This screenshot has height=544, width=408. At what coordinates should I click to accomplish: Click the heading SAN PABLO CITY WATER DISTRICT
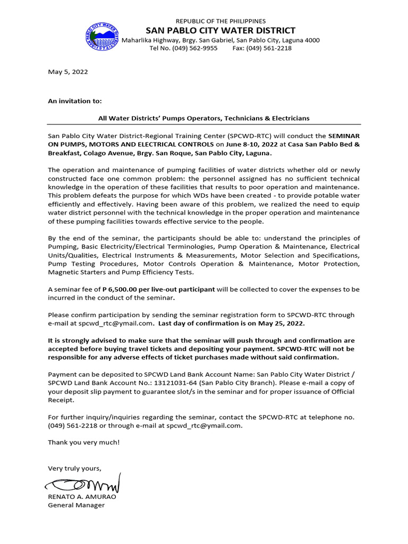click(x=220, y=30)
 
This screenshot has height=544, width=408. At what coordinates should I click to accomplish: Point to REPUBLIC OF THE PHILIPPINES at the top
click(x=220, y=21)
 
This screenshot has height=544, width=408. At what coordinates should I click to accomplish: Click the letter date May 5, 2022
click(x=68, y=72)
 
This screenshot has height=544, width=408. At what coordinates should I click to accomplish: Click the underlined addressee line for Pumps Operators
click(x=204, y=118)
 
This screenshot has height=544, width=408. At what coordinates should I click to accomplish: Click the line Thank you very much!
click(x=84, y=442)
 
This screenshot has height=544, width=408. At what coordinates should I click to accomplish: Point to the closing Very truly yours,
click(x=74, y=468)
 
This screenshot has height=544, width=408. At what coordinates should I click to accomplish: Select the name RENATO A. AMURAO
click(x=82, y=497)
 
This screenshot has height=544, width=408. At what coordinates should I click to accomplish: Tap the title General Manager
click(x=76, y=505)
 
